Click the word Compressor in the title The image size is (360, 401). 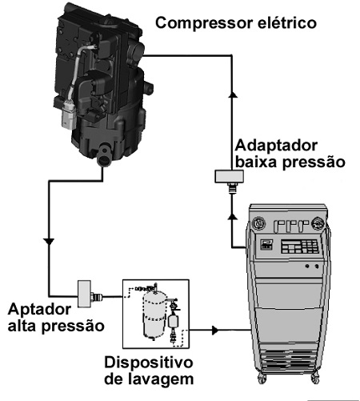pos(203,23)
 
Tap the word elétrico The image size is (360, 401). pos(286,22)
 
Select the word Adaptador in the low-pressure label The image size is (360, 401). pos(276,146)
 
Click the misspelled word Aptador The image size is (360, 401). pos(39,310)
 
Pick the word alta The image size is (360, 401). pos(22,326)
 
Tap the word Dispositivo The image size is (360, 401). pos(148,363)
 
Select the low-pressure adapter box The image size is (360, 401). pos(229,176)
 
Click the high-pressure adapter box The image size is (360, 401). pos(84,294)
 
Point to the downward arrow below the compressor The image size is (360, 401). pos(49,241)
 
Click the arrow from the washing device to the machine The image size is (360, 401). pos(215,331)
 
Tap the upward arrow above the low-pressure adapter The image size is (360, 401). pos(234,94)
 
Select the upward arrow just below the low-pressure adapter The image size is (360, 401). pos(233,216)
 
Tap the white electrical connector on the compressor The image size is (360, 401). pos(68,115)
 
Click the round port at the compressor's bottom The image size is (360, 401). pos(105,157)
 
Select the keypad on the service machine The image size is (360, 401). pos(300,247)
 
